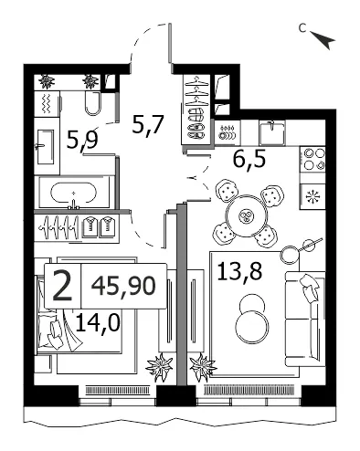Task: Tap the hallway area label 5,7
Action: coord(148,124)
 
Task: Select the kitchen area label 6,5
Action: coord(249,159)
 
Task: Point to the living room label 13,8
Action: coord(239,270)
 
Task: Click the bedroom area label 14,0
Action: coord(97,322)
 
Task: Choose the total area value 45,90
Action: coord(123,286)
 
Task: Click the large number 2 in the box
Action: coord(62,286)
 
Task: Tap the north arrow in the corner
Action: coord(324,39)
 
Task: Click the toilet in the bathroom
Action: coord(92,103)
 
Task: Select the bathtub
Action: coord(73,193)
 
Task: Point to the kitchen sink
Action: coord(272,132)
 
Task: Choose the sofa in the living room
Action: coord(305,320)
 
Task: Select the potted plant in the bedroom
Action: coord(160,367)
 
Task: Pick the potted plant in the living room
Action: coord(203,367)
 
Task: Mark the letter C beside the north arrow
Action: coord(302,28)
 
